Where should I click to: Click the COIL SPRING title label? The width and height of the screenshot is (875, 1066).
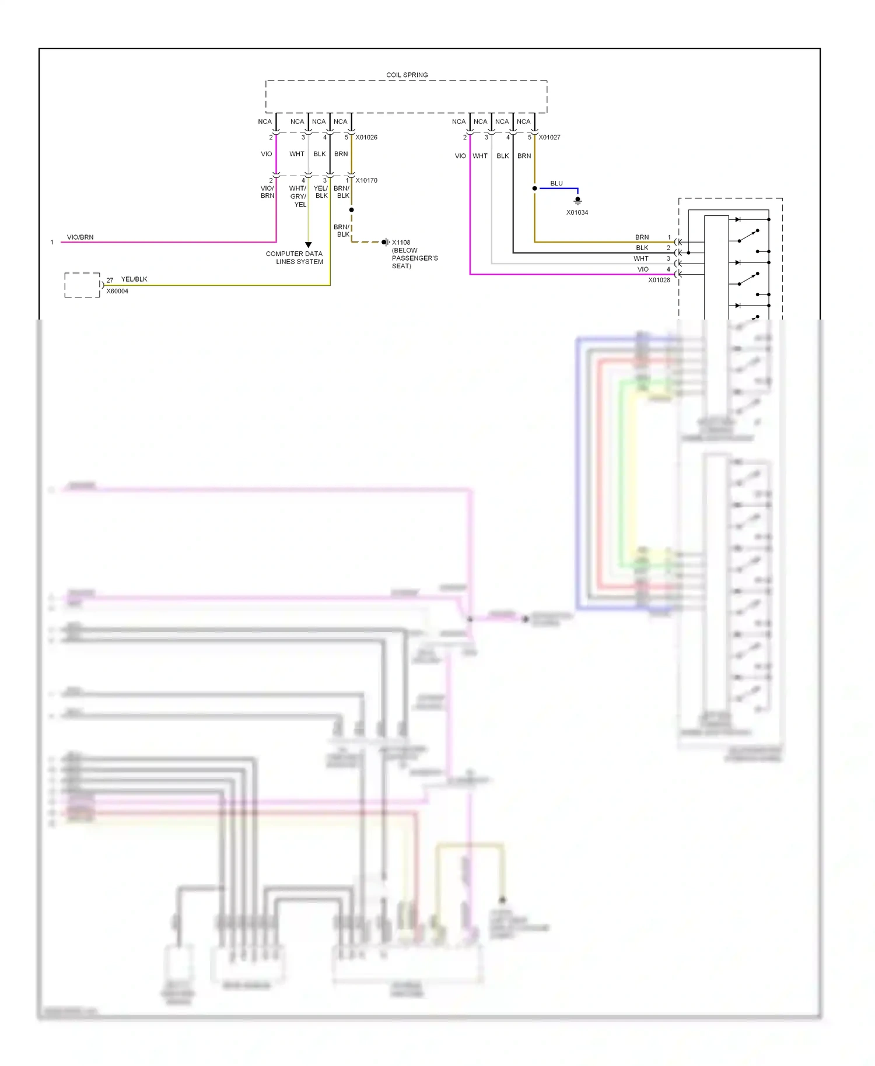pos(407,75)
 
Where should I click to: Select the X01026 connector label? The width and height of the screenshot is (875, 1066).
pos(366,138)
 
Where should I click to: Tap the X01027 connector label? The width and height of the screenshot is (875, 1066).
pos(549,138)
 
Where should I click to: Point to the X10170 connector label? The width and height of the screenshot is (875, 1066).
pos(366,181)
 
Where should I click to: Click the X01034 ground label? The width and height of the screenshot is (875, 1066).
pos(577,213)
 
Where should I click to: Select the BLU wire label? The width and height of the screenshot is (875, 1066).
pos(556,184)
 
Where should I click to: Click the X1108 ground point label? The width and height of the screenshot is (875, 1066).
pos(401,243)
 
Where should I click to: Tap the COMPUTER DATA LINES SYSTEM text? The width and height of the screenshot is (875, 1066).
pos(295,258)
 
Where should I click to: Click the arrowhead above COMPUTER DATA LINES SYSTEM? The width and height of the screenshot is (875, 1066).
pos(309,245)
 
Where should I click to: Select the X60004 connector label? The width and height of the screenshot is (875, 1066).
pos(117,292)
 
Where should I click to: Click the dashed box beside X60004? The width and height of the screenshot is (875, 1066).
pos(82,285)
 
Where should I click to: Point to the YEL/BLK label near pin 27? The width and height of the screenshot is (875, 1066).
pos(134,279)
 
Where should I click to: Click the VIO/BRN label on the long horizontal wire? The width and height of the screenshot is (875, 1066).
pos(80,237)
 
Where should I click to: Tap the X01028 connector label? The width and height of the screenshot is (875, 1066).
pos(659,280)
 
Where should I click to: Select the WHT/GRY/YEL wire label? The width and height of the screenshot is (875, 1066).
pos(298,197)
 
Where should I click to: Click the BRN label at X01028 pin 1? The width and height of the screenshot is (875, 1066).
pos(642,237)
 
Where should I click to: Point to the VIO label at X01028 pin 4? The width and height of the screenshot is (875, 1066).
pos(643,269)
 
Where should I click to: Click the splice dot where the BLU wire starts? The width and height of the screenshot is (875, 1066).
pos(534,188)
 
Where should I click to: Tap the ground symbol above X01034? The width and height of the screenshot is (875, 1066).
pos(577,201)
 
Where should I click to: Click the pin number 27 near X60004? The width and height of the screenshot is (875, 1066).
pos(110,280)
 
